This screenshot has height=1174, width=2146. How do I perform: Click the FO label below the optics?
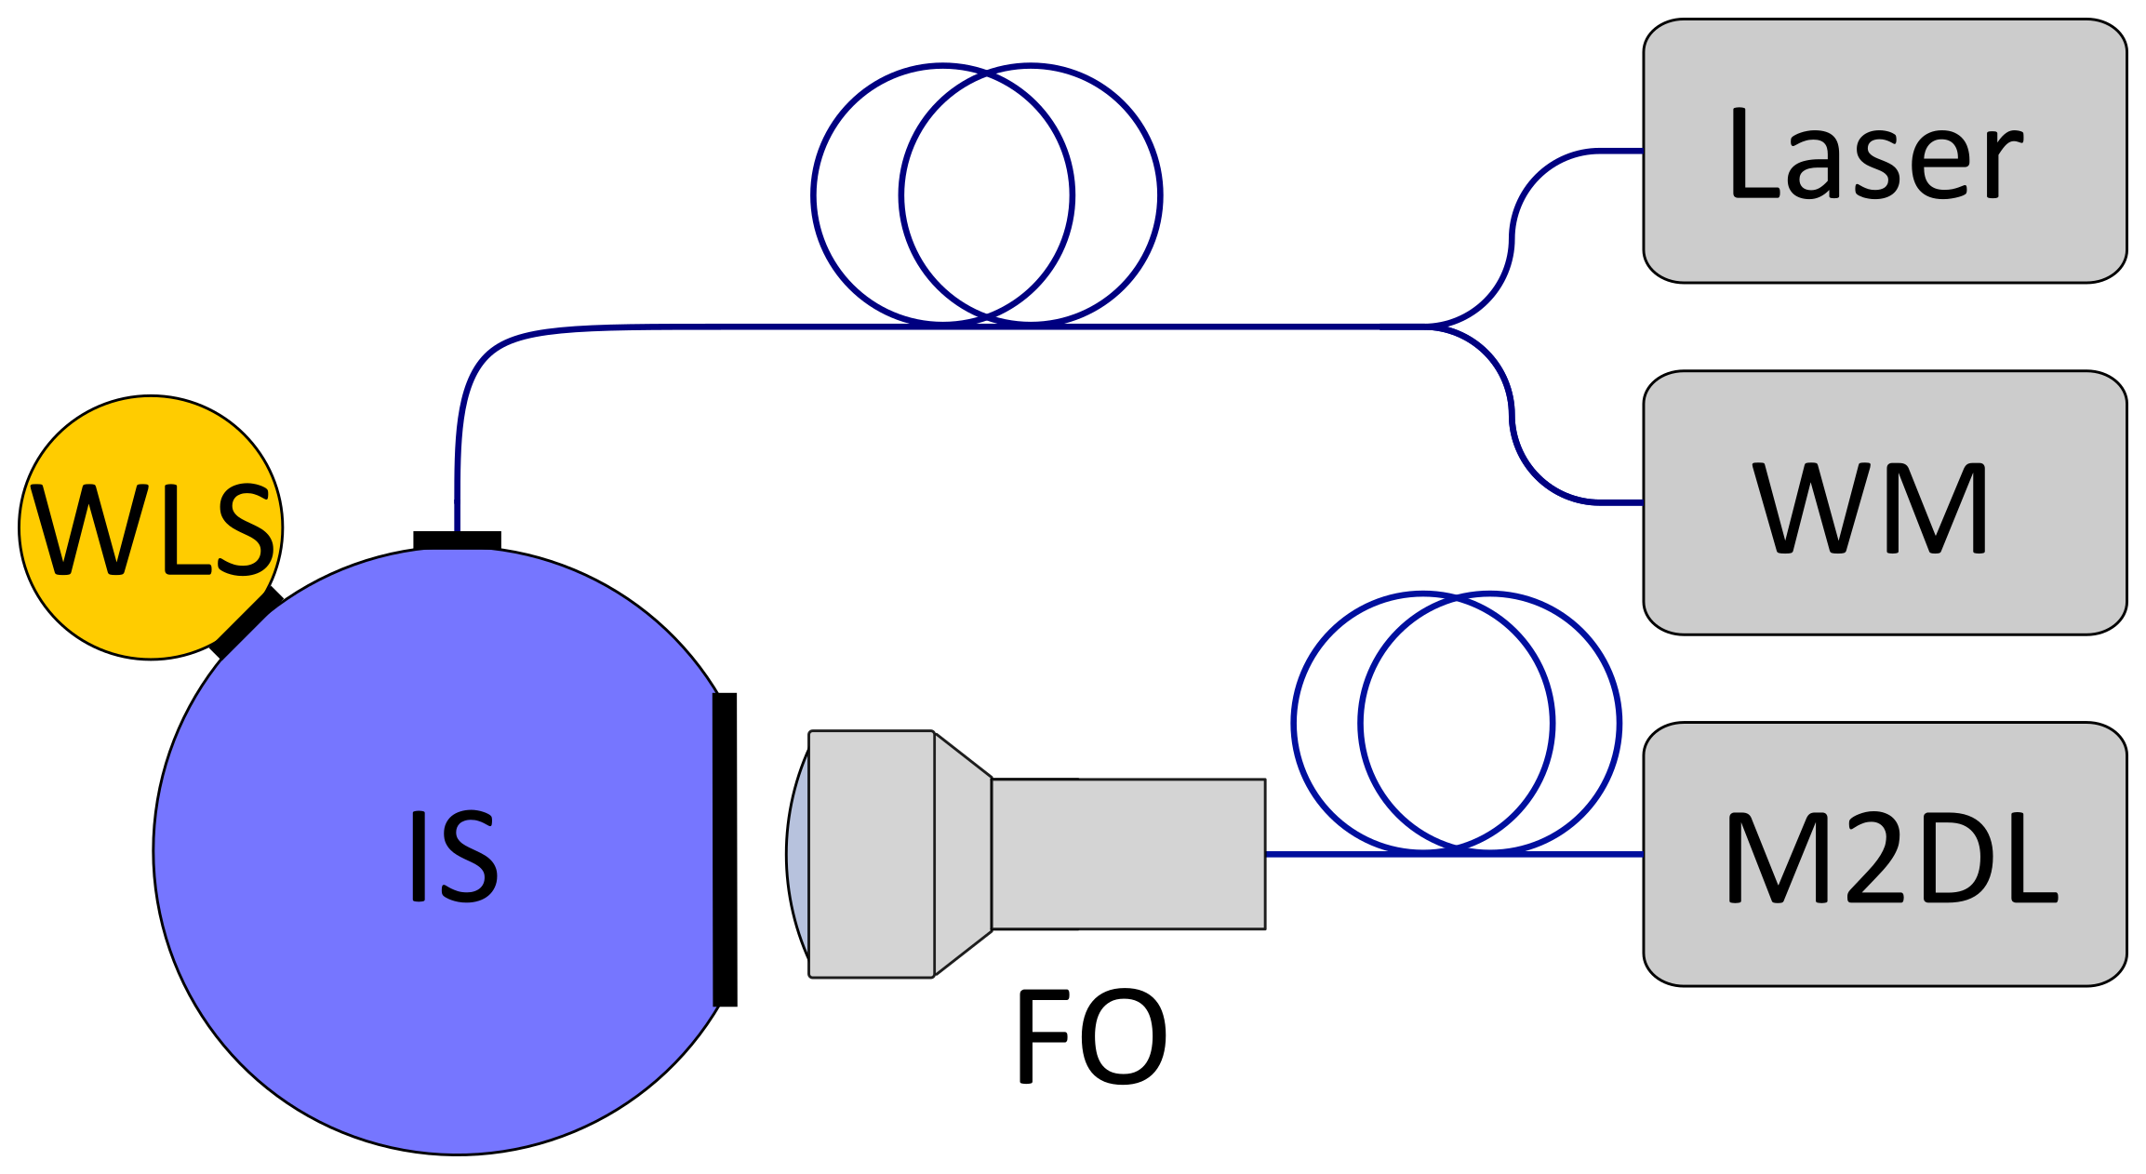tap(1090, 1036)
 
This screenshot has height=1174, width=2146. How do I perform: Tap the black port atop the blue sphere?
tap(457, 540)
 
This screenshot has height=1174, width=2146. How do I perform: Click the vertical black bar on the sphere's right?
tap(725, 848)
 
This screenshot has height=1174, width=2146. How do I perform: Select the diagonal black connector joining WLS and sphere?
tap(247, 623)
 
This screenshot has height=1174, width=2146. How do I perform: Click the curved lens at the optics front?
tap(797, 854)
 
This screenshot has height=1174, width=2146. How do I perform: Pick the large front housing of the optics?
tap(871, 854)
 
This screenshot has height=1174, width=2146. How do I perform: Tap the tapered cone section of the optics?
tap(963, 854)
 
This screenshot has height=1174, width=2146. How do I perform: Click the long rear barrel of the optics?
tap(1128, 854)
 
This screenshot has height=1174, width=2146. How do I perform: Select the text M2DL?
tap(1888, 858)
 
